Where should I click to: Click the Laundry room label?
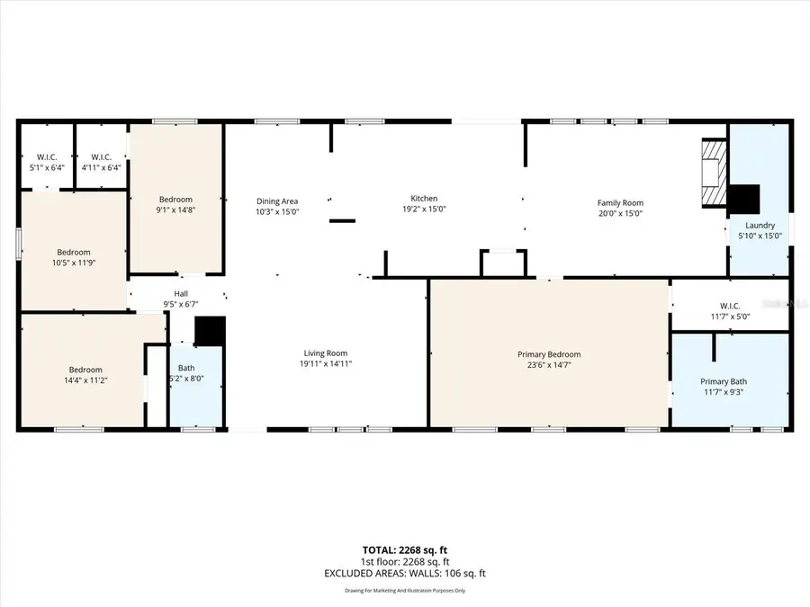pyautogui.click(x=760, y=225)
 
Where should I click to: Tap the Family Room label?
pyautogui.click(x=620, y=203)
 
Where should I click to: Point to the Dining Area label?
pyautogui.click(x=276, y=201)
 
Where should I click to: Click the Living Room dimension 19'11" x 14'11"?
pyautogui.click(x=324, y=364)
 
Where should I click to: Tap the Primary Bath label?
pyautogui.click(x=724, y=381)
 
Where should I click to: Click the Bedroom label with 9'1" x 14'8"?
pyautogui.click(x=175, y=199)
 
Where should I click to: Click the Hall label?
pyautogui.click(x=181, y=293)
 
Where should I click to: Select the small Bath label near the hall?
pyautogui.click(x=186, y=368)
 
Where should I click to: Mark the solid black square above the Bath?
pyautogui.click(x=209, y=331)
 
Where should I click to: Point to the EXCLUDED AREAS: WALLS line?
pyautogui.click(x=404, y=573)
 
